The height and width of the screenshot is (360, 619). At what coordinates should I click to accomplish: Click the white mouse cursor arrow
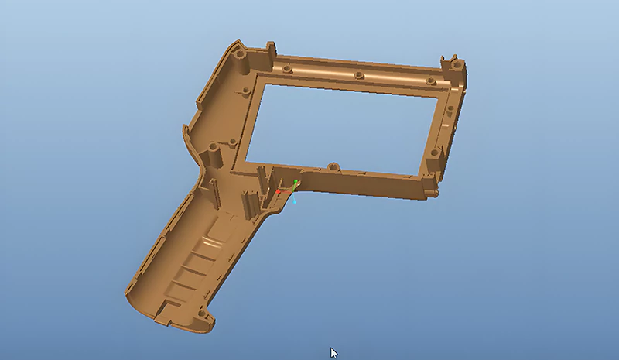[x=333, y=352]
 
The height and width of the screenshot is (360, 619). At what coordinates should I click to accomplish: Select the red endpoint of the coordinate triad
[x=279, y=191]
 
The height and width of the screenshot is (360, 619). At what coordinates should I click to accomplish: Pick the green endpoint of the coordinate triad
[x=296, y=183]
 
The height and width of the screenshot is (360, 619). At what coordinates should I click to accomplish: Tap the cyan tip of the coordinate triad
[x=294, y=203]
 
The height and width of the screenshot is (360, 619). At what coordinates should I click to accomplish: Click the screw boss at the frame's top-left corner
[x=239, y=57]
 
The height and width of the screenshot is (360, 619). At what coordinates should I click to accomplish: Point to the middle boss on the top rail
[x=359, y=76]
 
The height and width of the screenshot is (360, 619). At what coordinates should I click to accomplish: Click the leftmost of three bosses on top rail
[x=287, y=69]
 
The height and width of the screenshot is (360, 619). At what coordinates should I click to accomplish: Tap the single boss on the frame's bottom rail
[x=333, y=166]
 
